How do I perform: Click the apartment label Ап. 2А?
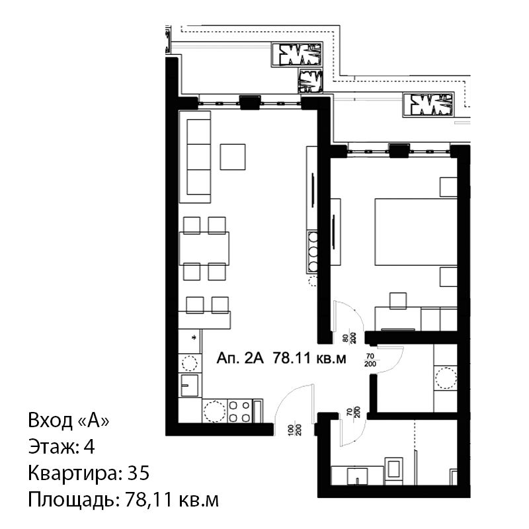tap(240, 358)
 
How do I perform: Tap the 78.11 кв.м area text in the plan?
tap(309, 358)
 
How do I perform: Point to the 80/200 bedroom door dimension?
tap(350, 337)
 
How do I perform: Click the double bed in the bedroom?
tap(416, 232)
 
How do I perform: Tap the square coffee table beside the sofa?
tap(233, 157)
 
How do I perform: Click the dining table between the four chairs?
tap(204, 249)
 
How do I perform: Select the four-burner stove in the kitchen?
tap(239, 411)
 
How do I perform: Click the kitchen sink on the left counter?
tap(190, 385)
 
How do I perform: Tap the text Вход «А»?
tap(69, 421)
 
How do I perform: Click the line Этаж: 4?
tap(61, 447)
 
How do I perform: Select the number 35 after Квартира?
tap(138, 473)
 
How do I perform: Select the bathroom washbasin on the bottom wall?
tap(358, 475)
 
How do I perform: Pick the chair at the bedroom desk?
tap(398, 301)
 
